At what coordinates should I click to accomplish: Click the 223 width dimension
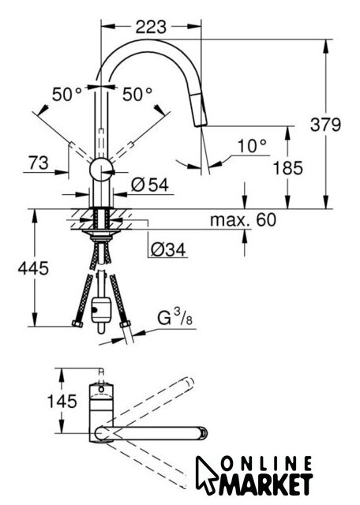click(x=151, y=27)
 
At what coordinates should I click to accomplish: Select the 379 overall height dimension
click(x=325, y=125)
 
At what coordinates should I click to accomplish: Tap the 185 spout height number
click(x=288, y=168)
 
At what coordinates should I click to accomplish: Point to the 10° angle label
click(x=253, y=146)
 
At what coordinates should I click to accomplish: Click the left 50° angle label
click(x=67, y=94)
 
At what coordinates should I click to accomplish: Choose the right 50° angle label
click(x=137, y=94)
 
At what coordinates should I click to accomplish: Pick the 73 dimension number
click(x=39, y=163)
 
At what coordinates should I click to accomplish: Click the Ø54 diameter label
click(x=150, y=185)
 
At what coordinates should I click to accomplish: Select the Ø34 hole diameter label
click(x=168, y=249)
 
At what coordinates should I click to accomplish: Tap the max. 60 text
click(x=243, y=219)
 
